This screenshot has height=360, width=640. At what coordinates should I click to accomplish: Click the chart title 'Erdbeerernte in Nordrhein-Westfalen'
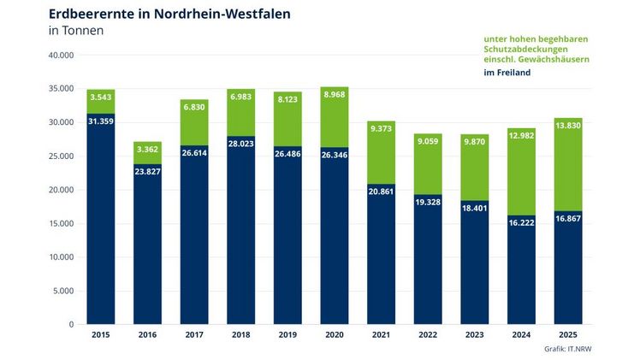click(169, 14)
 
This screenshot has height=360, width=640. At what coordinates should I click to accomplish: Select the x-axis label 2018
click(240, 334)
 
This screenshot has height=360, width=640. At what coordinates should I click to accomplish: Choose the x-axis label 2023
click(474, 334)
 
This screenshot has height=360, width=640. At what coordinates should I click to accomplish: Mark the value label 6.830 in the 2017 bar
click(194, 106)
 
